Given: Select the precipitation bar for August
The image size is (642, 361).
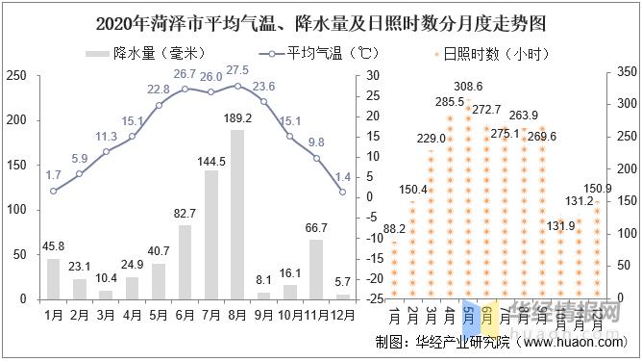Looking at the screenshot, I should pos(237,214).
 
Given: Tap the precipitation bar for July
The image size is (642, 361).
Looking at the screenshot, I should pos(211,234).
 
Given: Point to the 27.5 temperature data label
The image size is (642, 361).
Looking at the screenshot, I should pos(237,70).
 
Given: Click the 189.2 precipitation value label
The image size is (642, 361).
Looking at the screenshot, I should pos(236,118).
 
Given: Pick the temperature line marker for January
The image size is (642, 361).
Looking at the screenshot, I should pos(54,191).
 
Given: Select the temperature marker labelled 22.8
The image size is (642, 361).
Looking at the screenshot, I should pos(159,105).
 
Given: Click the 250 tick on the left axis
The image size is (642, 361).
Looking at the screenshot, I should pos(15,75).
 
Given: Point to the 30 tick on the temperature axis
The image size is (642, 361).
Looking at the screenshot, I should pos(374,75).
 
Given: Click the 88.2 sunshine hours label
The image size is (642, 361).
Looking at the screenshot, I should pos(394,229).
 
